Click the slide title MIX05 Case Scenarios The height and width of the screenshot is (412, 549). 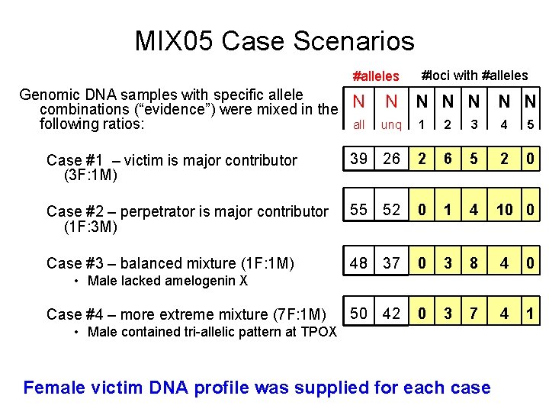tap(274, 40)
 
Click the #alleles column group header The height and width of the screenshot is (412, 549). tap(376, 76)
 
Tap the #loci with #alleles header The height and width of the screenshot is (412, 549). tap(474, 75)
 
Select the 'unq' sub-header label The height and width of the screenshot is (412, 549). tap(391, 124)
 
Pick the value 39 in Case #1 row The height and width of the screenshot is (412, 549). tap(359, 159)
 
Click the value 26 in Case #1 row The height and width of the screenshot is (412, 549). tap(391, 159)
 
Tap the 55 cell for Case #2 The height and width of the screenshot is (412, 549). tap(359, 210)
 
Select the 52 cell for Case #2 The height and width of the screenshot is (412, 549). tap(391, 210)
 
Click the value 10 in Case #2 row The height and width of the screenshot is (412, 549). tap(505, 210)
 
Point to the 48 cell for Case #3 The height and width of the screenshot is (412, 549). tap(359, 262)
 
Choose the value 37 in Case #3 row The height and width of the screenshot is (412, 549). tap(391, 262)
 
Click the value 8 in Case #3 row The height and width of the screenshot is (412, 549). tap(474, 262)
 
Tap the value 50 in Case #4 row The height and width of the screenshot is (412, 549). tap(359, 314)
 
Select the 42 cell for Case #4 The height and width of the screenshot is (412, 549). tap(391, 314)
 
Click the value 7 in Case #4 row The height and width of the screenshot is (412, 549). tap(474, 314)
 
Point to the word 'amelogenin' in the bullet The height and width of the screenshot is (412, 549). tap(195, 281)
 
